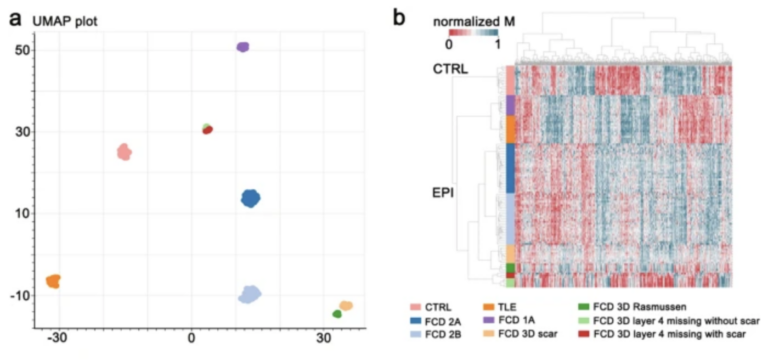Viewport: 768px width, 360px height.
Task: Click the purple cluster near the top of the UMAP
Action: pyautogui.click(x=241, y=47)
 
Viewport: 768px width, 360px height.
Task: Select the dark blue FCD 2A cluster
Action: pyautogui.click(x=250, y=198)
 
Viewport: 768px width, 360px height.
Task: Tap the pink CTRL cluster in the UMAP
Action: pyautogui.click(x=124, y=152)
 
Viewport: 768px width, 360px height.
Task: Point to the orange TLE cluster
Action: pyautogui.click(x=53, y=281)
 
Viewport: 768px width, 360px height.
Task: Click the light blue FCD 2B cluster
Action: pyautogui.click(x=249, y=294)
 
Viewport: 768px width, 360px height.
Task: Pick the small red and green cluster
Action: pyautogui.click(x=207, y=129)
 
